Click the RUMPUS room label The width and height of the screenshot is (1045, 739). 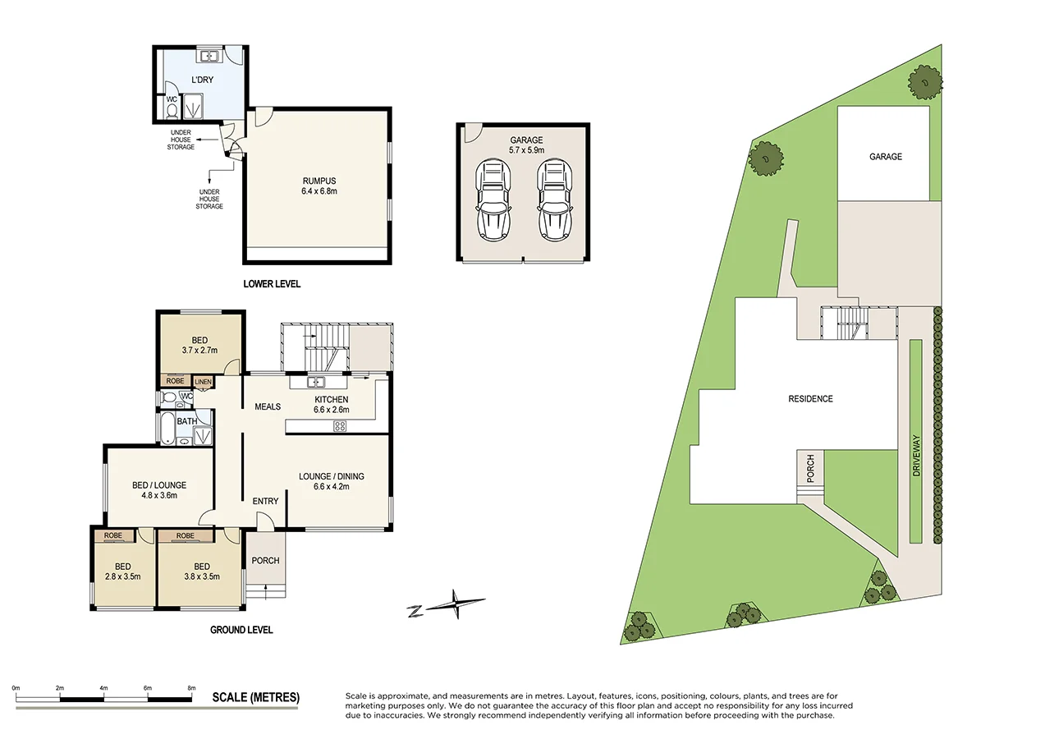319,181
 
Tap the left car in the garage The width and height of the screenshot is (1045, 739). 493,200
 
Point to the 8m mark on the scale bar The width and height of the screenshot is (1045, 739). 192,687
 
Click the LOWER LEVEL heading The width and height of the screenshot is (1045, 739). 272,284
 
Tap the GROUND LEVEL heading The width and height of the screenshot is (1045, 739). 241,630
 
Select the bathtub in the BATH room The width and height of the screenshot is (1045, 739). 167,428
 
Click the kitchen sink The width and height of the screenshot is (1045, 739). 317,382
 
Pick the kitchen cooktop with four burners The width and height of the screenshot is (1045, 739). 339,425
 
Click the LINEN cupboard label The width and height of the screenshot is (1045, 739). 202,381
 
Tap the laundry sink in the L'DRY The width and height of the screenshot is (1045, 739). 210,57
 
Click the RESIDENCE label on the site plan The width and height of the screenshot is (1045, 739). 810,399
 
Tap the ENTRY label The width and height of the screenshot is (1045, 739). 265,501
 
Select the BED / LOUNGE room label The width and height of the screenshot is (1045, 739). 159,484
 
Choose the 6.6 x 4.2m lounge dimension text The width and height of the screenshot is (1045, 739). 331,487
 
